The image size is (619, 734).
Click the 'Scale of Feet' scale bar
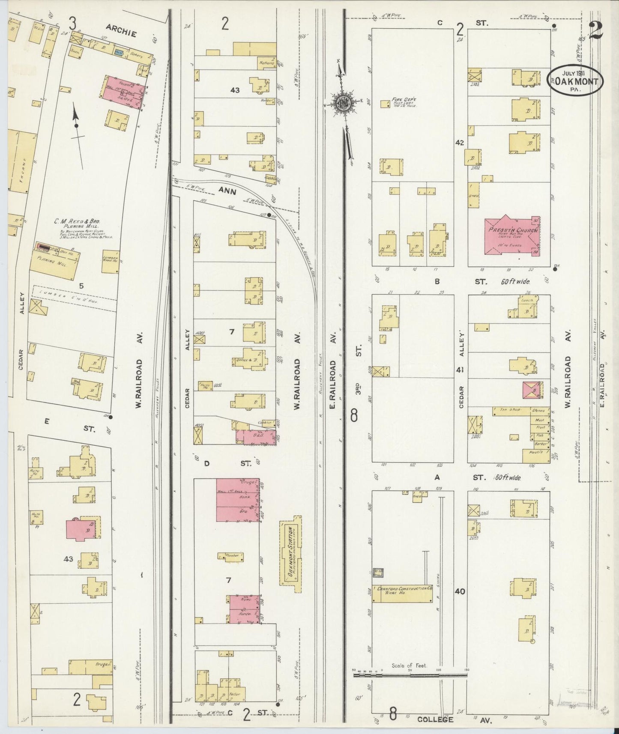(410, 675)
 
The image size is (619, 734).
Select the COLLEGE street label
(435, 719)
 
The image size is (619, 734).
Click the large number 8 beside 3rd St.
(354, 415)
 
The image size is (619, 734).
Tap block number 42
(460, 143)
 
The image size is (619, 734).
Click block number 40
(460, 591)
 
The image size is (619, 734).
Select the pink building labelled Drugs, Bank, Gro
(238, 500)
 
